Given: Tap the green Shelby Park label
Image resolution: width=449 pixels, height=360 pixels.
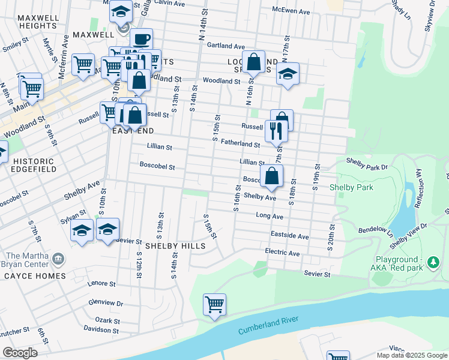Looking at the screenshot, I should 351,187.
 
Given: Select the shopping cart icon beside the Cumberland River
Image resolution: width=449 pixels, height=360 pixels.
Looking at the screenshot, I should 214,305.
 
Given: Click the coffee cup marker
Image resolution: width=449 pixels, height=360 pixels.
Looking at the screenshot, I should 141,40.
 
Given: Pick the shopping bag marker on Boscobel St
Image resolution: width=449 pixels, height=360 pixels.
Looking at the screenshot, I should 272,176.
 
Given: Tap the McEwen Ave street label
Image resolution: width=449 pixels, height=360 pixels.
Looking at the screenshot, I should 291,11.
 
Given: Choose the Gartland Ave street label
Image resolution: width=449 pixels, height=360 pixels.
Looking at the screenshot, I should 226,46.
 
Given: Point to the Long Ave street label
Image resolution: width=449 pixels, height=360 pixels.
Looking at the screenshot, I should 269,215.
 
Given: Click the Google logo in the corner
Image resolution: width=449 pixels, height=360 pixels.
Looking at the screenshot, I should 19,352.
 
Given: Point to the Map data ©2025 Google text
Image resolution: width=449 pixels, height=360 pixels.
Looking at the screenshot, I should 411,355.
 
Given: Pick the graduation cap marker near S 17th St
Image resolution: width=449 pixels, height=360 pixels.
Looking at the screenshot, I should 288,74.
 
